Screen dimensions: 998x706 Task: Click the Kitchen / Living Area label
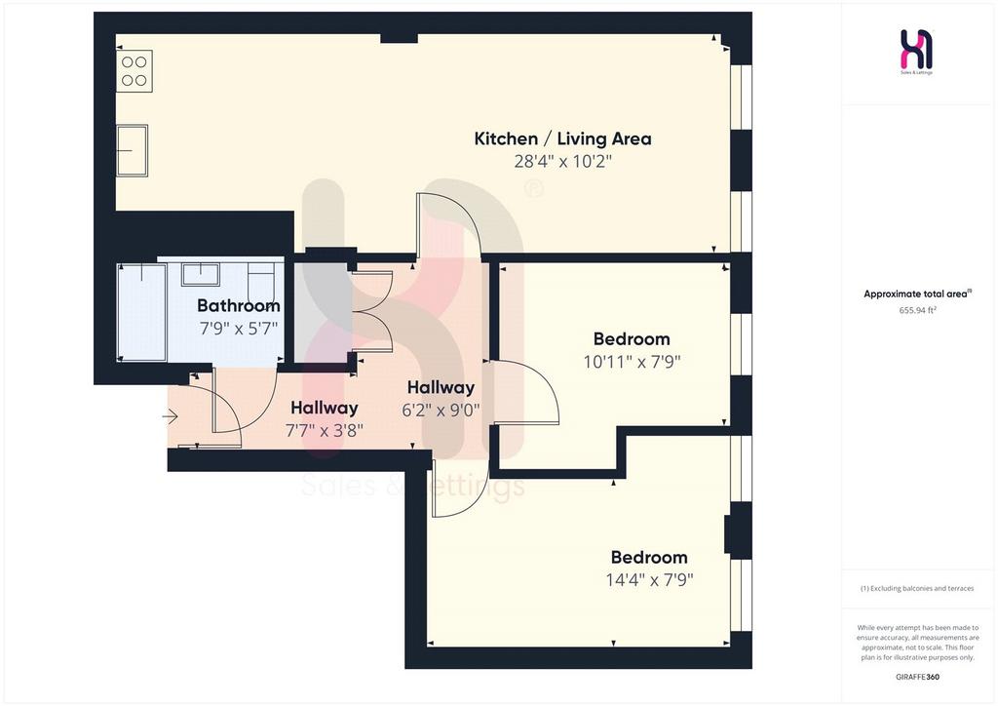click(x=562, y=138)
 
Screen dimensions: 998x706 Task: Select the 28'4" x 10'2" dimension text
click(x=562, y=161)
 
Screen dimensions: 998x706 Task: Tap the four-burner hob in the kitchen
click(x=134, y=71)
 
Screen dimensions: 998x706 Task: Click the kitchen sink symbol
click(x=132, y=150)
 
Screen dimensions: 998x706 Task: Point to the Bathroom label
click(x=239, y=305)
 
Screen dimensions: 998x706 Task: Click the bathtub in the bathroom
click(x=142, y=312)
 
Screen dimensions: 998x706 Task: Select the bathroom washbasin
click(x=201, y=274)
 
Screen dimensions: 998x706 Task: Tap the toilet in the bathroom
click(x=261, y=280)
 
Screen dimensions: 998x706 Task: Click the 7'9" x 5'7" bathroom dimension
click(x=239, y=329)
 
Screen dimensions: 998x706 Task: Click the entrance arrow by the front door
click(x=170, y=417)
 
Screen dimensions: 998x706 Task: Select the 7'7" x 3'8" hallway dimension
click(x=324, y=430)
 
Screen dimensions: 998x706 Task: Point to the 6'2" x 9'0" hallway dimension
click(x=441, y=410)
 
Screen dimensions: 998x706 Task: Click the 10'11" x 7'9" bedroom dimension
click(x=632, y=362)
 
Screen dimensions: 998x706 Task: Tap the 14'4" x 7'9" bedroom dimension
click(x=649, y=580)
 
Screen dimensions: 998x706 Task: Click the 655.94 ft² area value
click(x=917, y=311)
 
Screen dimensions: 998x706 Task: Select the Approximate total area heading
click(x=917, y=294)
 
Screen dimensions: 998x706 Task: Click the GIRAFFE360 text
click(x=917, y=677)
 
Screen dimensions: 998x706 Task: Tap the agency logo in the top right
click(x=916, y=51)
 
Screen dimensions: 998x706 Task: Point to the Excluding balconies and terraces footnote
click(x=917, y=588)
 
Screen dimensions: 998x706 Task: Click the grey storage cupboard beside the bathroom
click(x=322, y=312)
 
